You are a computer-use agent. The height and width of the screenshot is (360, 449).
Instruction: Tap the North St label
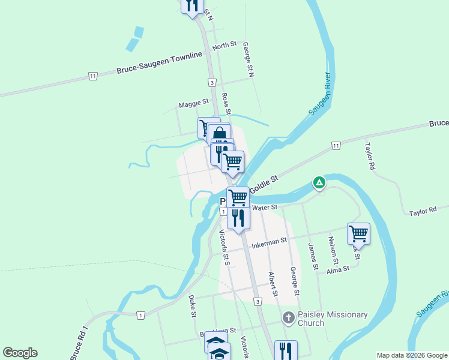point(225,46)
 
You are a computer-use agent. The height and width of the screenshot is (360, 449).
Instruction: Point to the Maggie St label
point(193,104)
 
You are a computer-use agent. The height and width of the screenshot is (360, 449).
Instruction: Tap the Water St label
point(265,208)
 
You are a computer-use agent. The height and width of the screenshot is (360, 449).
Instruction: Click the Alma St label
point(338,270)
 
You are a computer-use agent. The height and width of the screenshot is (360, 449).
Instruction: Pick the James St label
point(312,256)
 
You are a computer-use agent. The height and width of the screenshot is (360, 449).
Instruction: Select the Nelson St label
point(333,251)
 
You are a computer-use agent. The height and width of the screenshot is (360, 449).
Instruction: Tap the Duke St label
point(193,305)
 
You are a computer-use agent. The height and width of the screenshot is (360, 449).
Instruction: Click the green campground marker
point(319,182)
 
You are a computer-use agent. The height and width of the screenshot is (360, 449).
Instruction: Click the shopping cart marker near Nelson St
point(358,233)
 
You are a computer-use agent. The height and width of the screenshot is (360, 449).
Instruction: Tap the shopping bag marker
point(219,133)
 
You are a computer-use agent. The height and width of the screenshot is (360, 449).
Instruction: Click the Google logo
point(20,353)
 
